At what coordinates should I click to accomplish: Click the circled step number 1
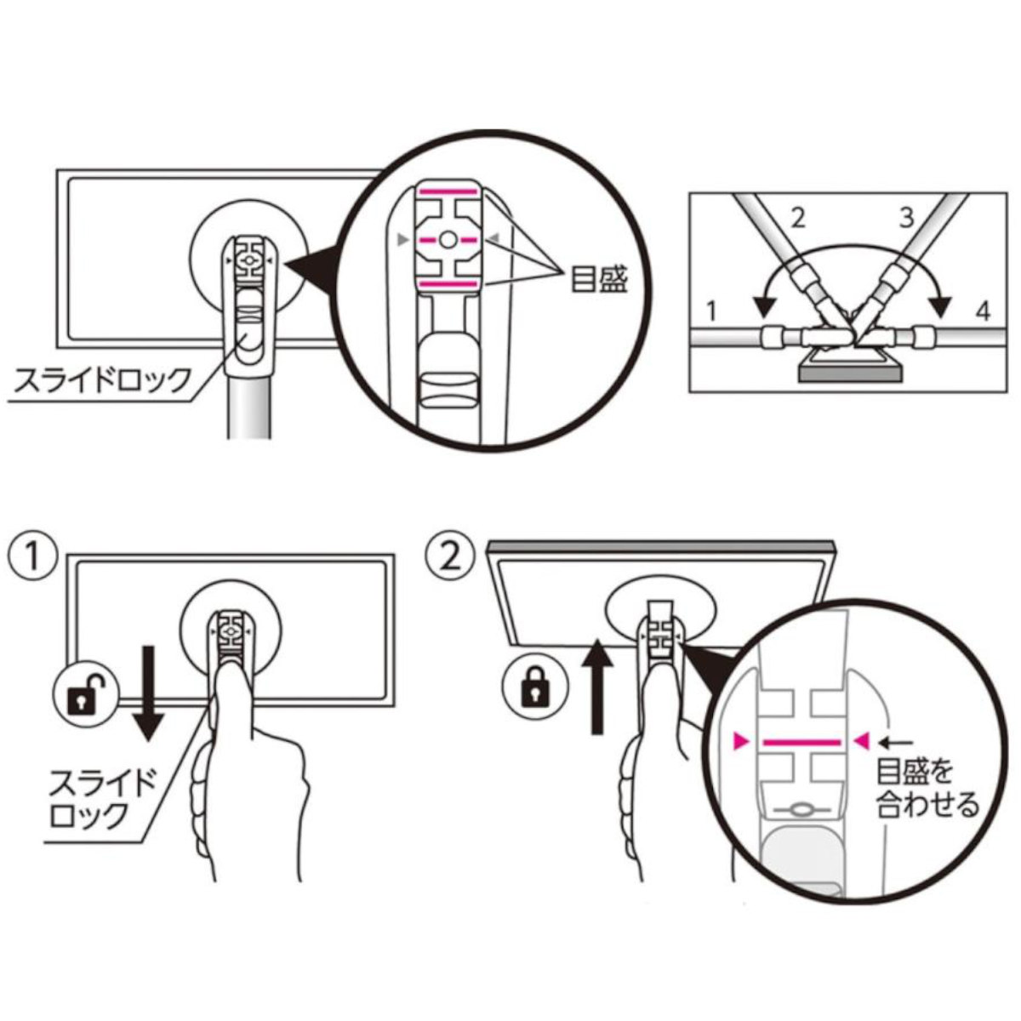pyautogui.click(x=32, y=560)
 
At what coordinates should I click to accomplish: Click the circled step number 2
pyautogui.click(x=451, y=559)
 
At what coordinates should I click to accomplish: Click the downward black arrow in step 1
pyautogui.click(x=149, y=693)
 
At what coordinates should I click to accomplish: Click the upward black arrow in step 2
pyautogui.click(x=597, y=686)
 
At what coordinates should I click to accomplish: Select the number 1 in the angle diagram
pyautogui.click(x=711, y=311)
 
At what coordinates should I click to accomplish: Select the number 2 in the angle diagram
pyautogui.click(x=797, y=219)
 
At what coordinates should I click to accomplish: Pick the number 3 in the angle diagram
pyautogui.click(x=906, y=218)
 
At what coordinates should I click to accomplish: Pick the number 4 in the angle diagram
pyautogui.click(x=983, y=312)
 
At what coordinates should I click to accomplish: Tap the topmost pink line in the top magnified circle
pyautogui.click(x=448, y=190)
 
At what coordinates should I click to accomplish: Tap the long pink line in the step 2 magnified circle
pyautogui.click(x=801, y=742)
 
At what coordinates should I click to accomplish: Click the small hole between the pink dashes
pyautogui.click(x=448, y=240)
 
